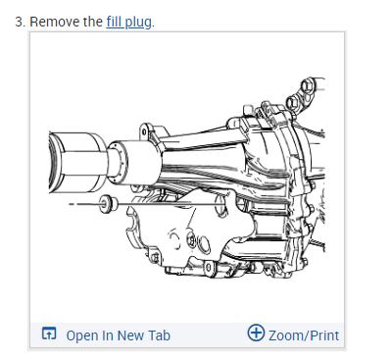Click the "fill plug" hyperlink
129,22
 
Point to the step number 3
20,22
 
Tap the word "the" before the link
93,22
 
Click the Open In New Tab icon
49,334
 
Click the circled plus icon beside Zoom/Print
256,333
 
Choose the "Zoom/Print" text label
304,335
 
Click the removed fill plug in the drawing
108,204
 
